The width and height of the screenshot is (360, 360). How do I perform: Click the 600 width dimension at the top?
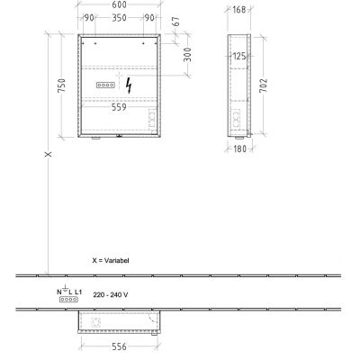120,6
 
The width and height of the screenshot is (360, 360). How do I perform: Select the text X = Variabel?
111,259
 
